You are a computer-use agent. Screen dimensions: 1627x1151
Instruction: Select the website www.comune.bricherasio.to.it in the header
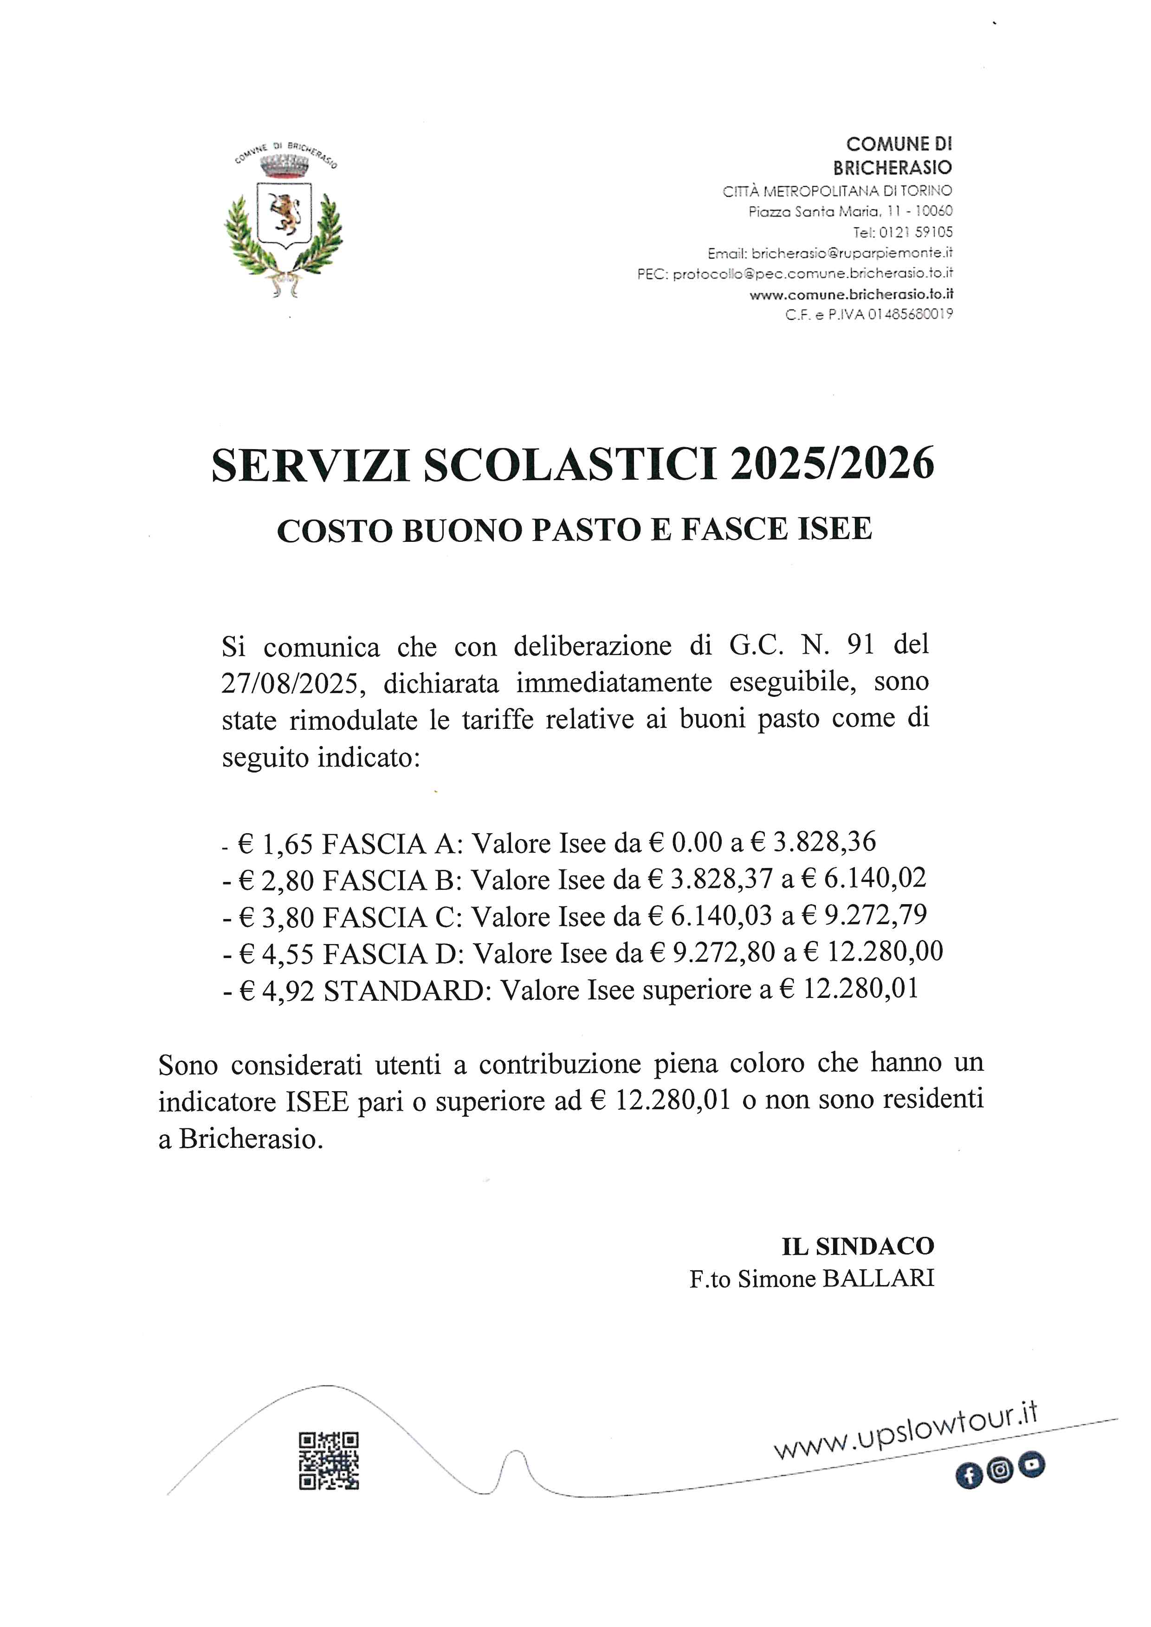[x=851, y=294]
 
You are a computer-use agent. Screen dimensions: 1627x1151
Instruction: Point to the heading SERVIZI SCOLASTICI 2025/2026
[x=573, y=466]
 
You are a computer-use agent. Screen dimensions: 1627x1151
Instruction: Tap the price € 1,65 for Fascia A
[x=275, y=843]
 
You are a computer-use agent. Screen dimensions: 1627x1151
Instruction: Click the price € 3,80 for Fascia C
[x=277, y=917]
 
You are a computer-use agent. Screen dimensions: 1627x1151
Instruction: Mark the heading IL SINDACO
[x=858, y=1246]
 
